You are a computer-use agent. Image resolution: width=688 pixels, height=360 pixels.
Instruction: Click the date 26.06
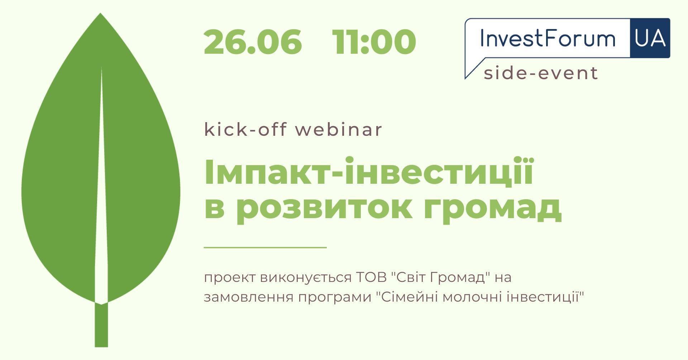point(253,42)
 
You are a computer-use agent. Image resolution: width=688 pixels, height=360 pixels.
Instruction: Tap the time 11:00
point(374,42)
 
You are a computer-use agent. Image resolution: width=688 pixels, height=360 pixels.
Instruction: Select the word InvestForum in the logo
point(548,38)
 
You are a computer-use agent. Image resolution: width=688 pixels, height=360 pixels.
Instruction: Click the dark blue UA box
point(650,38)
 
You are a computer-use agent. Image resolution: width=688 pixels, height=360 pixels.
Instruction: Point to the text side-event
point(541,73)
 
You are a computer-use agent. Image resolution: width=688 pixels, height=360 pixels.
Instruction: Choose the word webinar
point(339,129)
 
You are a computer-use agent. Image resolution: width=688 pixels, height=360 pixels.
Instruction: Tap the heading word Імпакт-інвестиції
point(369,172)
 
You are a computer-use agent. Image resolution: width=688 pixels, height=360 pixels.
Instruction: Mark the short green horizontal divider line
point(265,247)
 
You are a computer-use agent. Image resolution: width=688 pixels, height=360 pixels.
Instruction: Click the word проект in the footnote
point(230,278)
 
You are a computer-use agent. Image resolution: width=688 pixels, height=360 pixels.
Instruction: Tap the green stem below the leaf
point(101,325)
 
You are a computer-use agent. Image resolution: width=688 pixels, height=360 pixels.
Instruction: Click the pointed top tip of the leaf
point(100,13)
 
